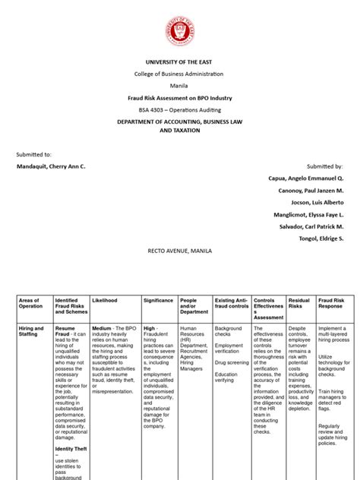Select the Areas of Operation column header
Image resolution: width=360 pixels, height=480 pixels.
30,303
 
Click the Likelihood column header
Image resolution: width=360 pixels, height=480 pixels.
105,300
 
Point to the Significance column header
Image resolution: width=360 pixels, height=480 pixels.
158,300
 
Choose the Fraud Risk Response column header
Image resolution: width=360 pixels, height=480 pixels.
330,303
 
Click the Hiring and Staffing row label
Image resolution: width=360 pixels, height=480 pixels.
30,331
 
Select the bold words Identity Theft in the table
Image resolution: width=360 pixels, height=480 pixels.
70,428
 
